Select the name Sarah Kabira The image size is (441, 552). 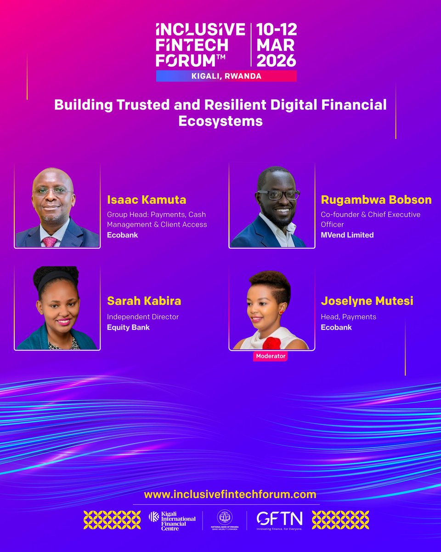coord(144,301)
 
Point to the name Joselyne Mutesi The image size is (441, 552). coord(367,301)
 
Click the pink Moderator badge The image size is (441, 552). coord(270,356)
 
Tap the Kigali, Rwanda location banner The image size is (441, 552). coord(226,76)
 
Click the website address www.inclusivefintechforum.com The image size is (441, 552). coord(230,494)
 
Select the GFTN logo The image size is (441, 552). coord(279,519)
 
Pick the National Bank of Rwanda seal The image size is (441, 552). coord(225,516)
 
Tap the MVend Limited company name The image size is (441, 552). coord(347,235)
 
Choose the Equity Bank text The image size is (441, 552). coord(128,328)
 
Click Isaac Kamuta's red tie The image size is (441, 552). coord(50,241)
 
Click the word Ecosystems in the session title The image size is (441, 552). coord(220,121)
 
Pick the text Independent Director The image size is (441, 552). coord(143,317)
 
